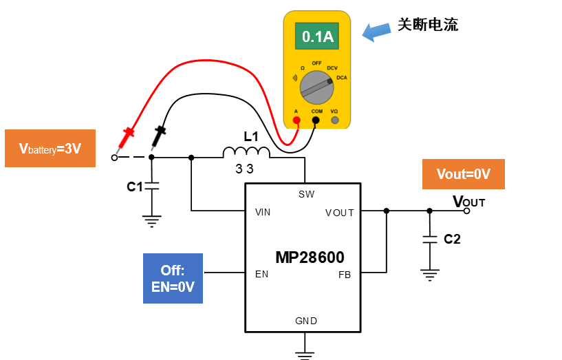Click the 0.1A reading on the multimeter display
pos(318,36)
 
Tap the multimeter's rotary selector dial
pos(316,87)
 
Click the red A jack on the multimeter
pos(296,120)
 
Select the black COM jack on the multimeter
pos(316,120)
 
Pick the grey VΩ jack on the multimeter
pos(335,120)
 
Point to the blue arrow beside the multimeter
pos(376,32)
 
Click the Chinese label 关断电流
pos(428,25)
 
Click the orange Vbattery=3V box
pos(50,148)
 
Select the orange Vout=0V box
pos(464,174)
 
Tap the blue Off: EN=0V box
pos(173,278)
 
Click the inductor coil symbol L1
pos(246,152)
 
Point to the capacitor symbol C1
pos(151,186)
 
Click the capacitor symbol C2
pos(429,240)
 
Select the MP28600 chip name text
pos(310,257)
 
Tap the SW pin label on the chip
pos(306,194)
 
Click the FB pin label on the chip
pos(345,275)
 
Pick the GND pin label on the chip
pos(306,321)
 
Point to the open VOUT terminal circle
pos(466,211)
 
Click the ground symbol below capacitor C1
pos(151,221)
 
